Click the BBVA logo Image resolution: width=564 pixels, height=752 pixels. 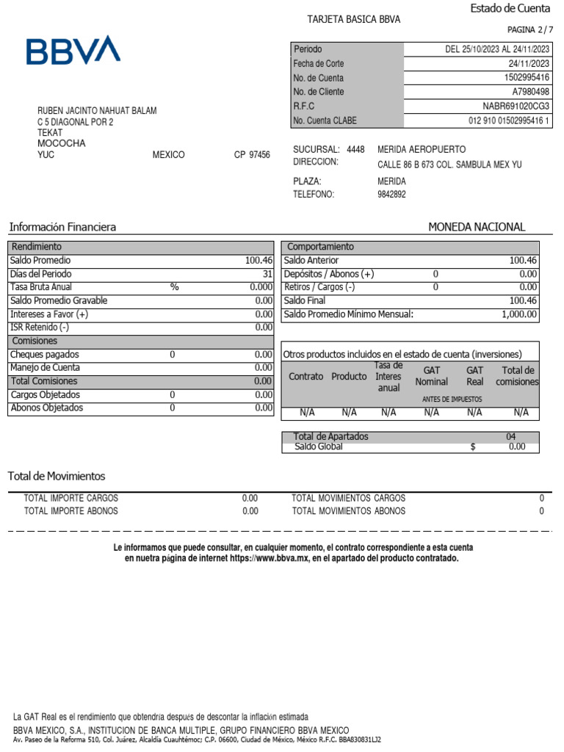click(x=73, y=50)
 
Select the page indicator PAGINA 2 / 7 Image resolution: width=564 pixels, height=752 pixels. click(x=528, y=29)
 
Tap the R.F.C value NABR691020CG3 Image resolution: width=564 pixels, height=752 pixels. click(x=516, y=106)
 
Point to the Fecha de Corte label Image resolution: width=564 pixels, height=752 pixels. click(x=319, y=64)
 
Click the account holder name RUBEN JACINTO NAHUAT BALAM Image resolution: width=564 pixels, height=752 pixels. click(x=97, y=111)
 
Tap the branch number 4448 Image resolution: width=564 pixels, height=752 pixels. click(x=355, y=149)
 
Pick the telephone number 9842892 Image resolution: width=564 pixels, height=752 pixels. click(x=391, y=195)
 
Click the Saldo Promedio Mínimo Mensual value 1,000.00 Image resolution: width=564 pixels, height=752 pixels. click(x=519, y=314)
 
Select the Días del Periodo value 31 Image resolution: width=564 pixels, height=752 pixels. click(x=267, y=274)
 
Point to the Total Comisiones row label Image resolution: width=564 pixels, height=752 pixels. click(x=43, y=381)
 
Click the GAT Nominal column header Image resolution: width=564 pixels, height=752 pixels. click(x=431, y=376)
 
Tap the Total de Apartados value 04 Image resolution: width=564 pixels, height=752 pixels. click(x=511, y=436)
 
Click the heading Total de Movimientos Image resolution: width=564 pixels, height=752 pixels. click(x=57, y=476)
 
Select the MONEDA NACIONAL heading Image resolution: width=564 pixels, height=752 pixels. click(x=477, y=227)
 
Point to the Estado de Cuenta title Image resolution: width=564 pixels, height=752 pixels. click(x=510, y=8)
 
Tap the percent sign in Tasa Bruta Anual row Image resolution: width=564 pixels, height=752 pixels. click(x=174, y=287)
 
